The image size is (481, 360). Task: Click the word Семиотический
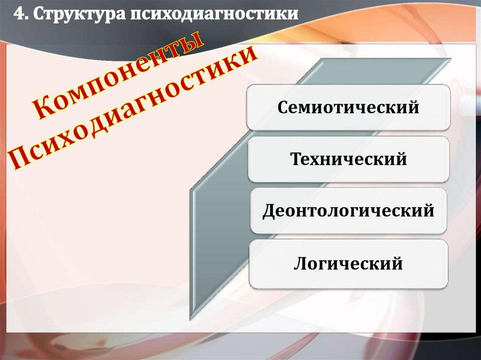[x=348, y=108]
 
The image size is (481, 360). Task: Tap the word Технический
[x=349, y=160]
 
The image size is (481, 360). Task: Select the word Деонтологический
[x=348, y=211]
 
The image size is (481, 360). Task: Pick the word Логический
[x=348, y=263]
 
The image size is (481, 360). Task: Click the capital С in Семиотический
[x=283, y=108]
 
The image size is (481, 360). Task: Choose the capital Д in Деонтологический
[x=268, y=211]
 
